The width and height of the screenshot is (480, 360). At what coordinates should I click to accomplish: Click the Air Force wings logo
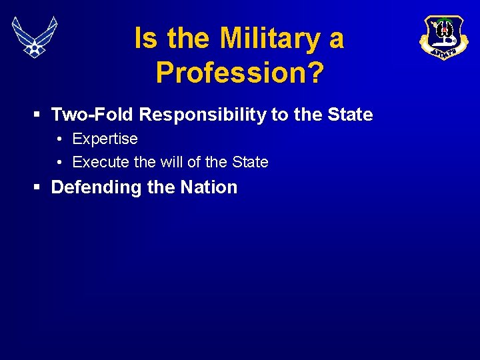35,37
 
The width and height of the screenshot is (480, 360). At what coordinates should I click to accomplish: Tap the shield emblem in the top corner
444,37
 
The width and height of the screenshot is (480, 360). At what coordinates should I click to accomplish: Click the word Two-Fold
93,115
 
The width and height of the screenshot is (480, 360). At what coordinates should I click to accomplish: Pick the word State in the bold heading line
350,115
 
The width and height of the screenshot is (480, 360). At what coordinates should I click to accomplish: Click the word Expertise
105,139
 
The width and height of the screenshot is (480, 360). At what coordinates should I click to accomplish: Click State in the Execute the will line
249,162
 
